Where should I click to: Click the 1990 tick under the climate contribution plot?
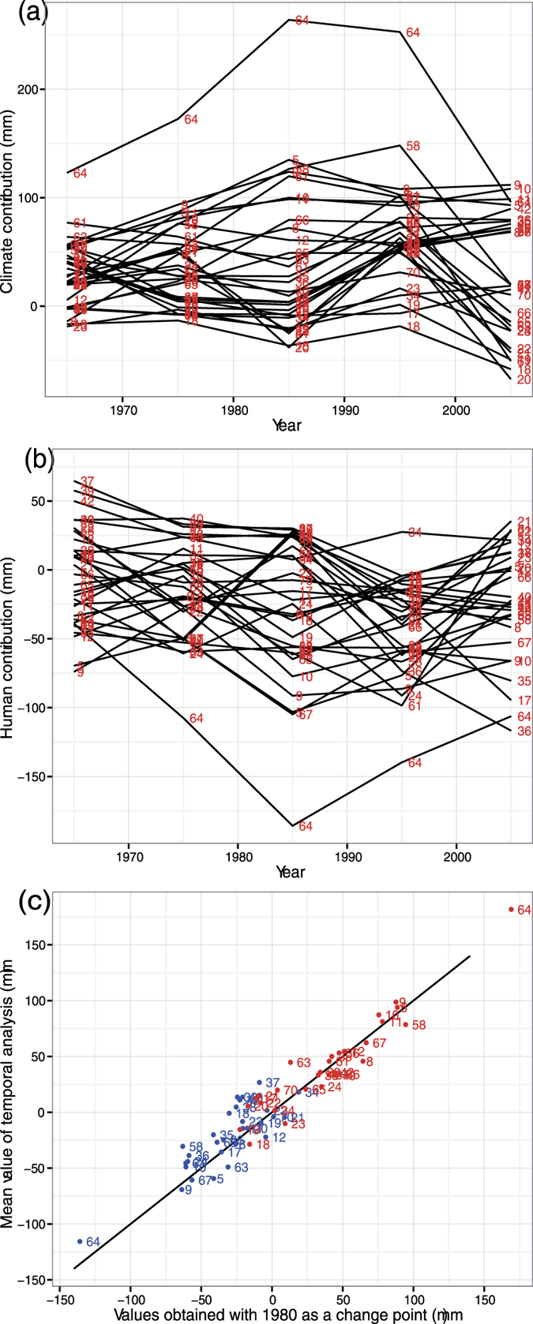click(343, 410)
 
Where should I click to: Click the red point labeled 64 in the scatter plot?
click(511, 909)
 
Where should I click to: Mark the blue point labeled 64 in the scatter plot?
click(80, 1241)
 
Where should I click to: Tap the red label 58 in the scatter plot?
click(419, 1025)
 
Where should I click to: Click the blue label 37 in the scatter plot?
click(272, 1083)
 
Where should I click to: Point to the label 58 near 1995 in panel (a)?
click(413, 146)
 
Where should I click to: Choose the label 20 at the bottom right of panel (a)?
click(523, 380)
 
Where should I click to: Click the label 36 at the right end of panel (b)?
click(524, 731)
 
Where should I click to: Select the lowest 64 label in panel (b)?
click(306, 826)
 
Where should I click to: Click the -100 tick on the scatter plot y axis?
click(32, 1224)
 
